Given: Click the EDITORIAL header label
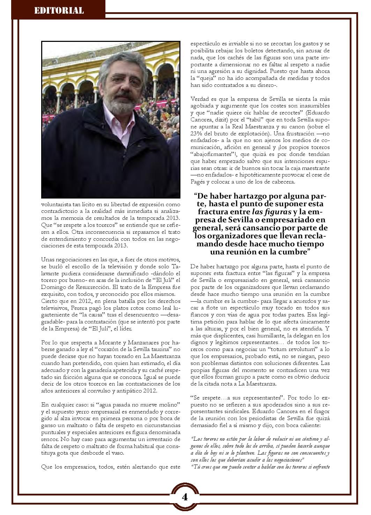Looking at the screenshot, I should (x=59, y=10).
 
